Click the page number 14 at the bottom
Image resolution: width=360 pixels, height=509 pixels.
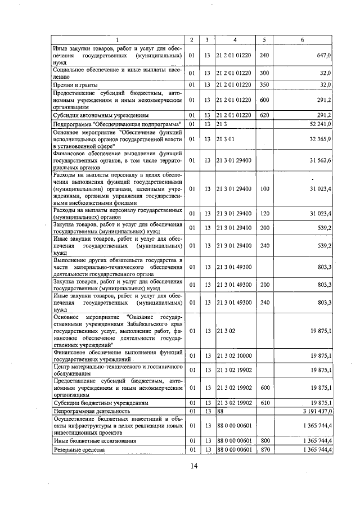click(193, 465)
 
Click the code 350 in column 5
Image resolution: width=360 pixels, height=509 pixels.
click(264, 85)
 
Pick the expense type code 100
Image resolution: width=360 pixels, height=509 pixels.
click(264, 189)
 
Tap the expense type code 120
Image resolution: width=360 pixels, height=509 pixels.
click(264, 214)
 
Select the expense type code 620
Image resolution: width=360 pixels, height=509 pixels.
click(264, 115)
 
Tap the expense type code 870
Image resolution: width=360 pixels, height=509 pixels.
click(264, 451)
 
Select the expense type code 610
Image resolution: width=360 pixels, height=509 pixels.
click(264, 403)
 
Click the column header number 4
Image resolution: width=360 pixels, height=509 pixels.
click(235, 40)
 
